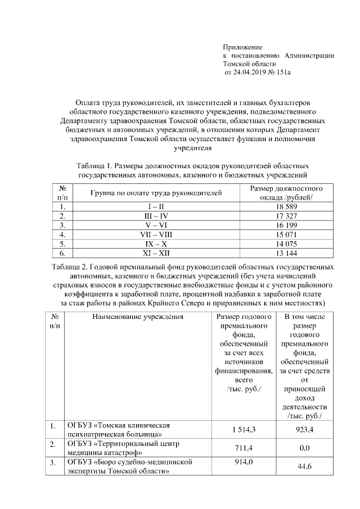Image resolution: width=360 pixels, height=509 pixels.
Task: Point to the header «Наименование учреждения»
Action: [138, 317]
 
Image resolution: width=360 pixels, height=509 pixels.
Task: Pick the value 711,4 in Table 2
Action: [244, 448]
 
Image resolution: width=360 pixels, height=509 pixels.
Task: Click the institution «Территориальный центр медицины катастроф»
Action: [118, 448]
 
